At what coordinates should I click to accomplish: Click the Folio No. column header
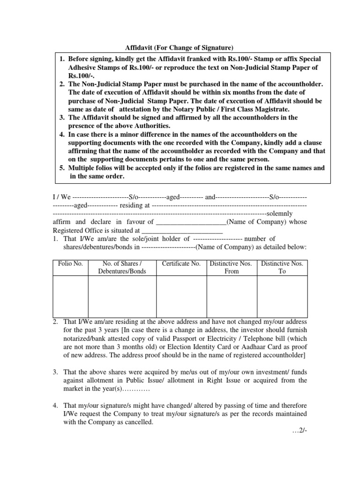pyautogui.click(x=70, y=264)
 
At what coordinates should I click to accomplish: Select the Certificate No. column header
pyautogui.click(x=181, y=264)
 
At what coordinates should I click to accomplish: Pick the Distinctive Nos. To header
pyautogui.click(x=282, y=268)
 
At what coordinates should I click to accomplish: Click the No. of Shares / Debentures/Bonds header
pyautogui.click(x=122, y=268)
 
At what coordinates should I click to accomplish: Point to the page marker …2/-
pyautogui.click(x=298, y=431)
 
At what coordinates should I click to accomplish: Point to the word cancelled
pyautogui.click(x=139, y=421)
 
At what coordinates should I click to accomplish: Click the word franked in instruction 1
pyautogui.click(x=188, y=60)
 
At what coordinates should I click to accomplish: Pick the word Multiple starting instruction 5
pyautogui.click(x=81, y=168)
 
